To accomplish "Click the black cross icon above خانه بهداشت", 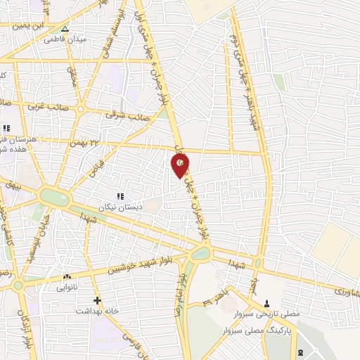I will pos(98,300).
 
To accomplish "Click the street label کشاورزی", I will pos(342,288).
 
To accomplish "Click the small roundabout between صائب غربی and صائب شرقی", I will pos(80,108).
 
